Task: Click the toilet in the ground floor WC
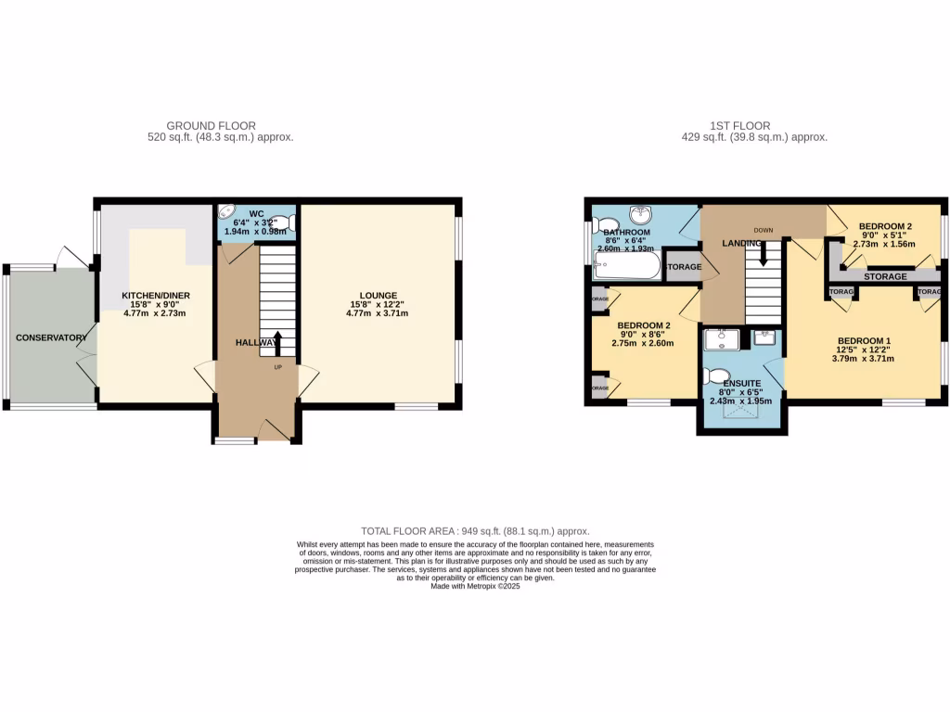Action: coord(285,222)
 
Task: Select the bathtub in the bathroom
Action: coord(626,267)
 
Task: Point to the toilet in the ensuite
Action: coord(714,375)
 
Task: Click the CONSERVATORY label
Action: coord(50,337)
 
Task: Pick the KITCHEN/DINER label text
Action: coord(156,296)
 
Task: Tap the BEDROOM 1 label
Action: coord(864,340)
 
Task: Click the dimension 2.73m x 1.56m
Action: coord(884,245)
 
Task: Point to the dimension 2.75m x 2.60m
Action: coord(643,343)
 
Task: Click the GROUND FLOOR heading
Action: coord(211,126)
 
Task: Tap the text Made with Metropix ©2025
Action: coord(475,586)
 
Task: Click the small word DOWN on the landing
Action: coord(764,230)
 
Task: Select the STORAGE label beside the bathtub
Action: coord(683,267)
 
